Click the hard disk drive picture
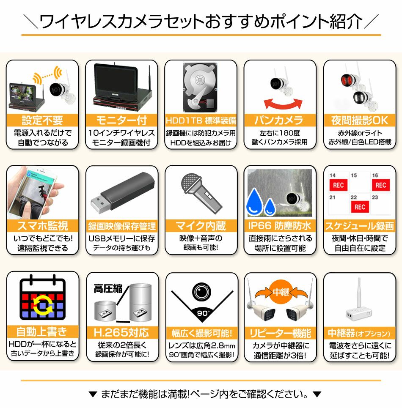(x=201, y=88)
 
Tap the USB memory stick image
(x=122, y=193)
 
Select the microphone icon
(x=201, y=194)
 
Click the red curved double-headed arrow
(x=283, y=104)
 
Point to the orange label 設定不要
(x=42, y=120)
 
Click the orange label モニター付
(x=121, y=120)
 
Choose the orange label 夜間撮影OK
(x=360, y=120)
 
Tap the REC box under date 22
(x=360, y=207)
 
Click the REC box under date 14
(x=338, y=185)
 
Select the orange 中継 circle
(x=281, y=292)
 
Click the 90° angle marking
(x=203, y=313)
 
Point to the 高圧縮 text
(x=108, y=289)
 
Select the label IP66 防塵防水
(x=280, y=226)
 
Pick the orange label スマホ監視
(x=43, y=226)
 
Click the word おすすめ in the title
(x=237, y=21)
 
